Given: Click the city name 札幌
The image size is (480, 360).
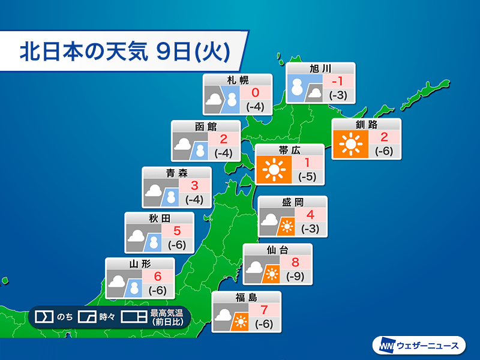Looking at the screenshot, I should coord(238,80).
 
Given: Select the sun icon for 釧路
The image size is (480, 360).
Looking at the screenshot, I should coord(349,144).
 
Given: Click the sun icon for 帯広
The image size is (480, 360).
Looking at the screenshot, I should coord(273,170).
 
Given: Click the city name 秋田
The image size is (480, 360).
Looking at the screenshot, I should coord(159,219).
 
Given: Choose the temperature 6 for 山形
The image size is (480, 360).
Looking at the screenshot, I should coord(157,276).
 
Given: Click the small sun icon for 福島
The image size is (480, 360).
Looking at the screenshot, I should coord(241,322).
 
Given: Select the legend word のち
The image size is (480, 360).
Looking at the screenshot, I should coord(65,316).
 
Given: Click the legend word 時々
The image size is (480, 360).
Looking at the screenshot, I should coord(107,316).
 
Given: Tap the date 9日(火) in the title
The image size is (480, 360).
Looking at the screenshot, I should coord(193,51).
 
